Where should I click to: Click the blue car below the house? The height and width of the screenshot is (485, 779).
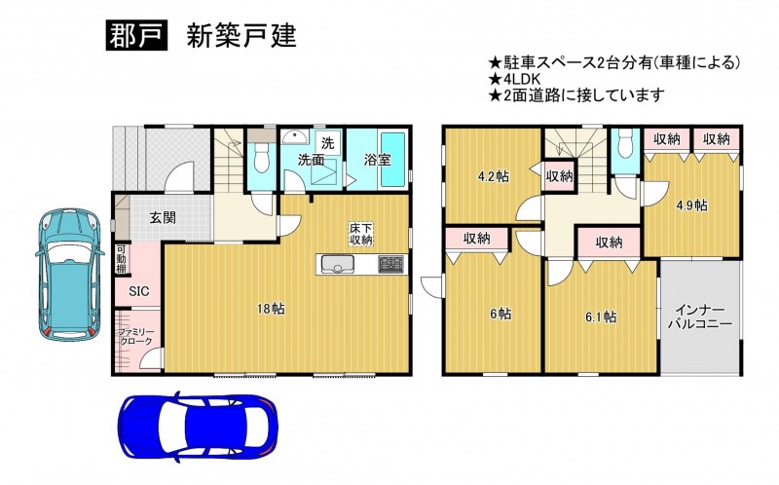pos(198,427)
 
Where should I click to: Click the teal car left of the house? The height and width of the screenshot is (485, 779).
pos(68,275)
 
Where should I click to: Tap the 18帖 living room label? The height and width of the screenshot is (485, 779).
pos(271,309)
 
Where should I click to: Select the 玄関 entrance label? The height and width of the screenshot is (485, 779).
pos(163,217)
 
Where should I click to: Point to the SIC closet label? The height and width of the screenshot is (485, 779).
pos(139,291)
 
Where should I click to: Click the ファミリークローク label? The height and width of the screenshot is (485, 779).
pos(136,337)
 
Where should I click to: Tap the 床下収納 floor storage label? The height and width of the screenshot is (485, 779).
pos(361,235)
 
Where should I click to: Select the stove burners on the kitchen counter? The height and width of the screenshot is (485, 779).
pos(392,263)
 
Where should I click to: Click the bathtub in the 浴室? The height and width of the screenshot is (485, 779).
pos(393,160)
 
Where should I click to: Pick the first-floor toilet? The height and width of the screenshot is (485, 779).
pos(260,158)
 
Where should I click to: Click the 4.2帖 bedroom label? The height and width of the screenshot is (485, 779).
pos(493,176)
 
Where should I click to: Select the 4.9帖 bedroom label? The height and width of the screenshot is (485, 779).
pos(692,205)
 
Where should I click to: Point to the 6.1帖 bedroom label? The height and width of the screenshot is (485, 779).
pos(601,317)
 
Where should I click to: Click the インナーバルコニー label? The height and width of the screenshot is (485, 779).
pos(699,317)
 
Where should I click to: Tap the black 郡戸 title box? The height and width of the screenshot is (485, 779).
pos(135,36)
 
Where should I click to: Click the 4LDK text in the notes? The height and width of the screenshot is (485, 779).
pos(521,79)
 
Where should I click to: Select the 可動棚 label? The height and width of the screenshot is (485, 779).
pos(122,259)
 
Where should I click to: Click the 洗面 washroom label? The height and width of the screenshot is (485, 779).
pos(311,160)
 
